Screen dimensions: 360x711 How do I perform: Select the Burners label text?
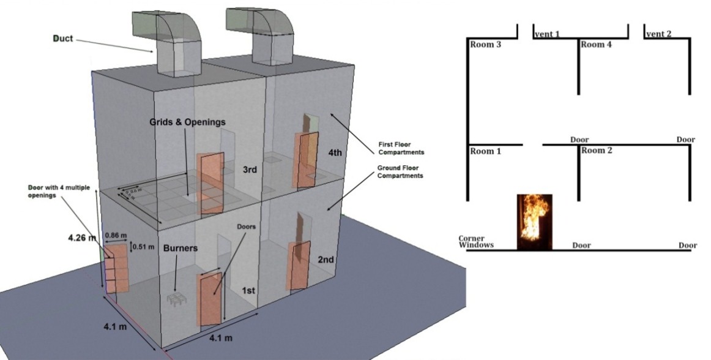point(181,250)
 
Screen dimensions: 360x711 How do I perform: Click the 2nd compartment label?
point(325,260)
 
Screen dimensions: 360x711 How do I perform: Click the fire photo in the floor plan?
point(534,222)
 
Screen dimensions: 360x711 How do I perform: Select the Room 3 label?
point(486,44)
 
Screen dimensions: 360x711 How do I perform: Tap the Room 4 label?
point(596,44)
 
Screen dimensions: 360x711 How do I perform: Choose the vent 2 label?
point(658,34)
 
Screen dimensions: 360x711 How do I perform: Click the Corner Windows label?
point(476,242)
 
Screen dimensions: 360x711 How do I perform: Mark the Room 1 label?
point(486,151)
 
